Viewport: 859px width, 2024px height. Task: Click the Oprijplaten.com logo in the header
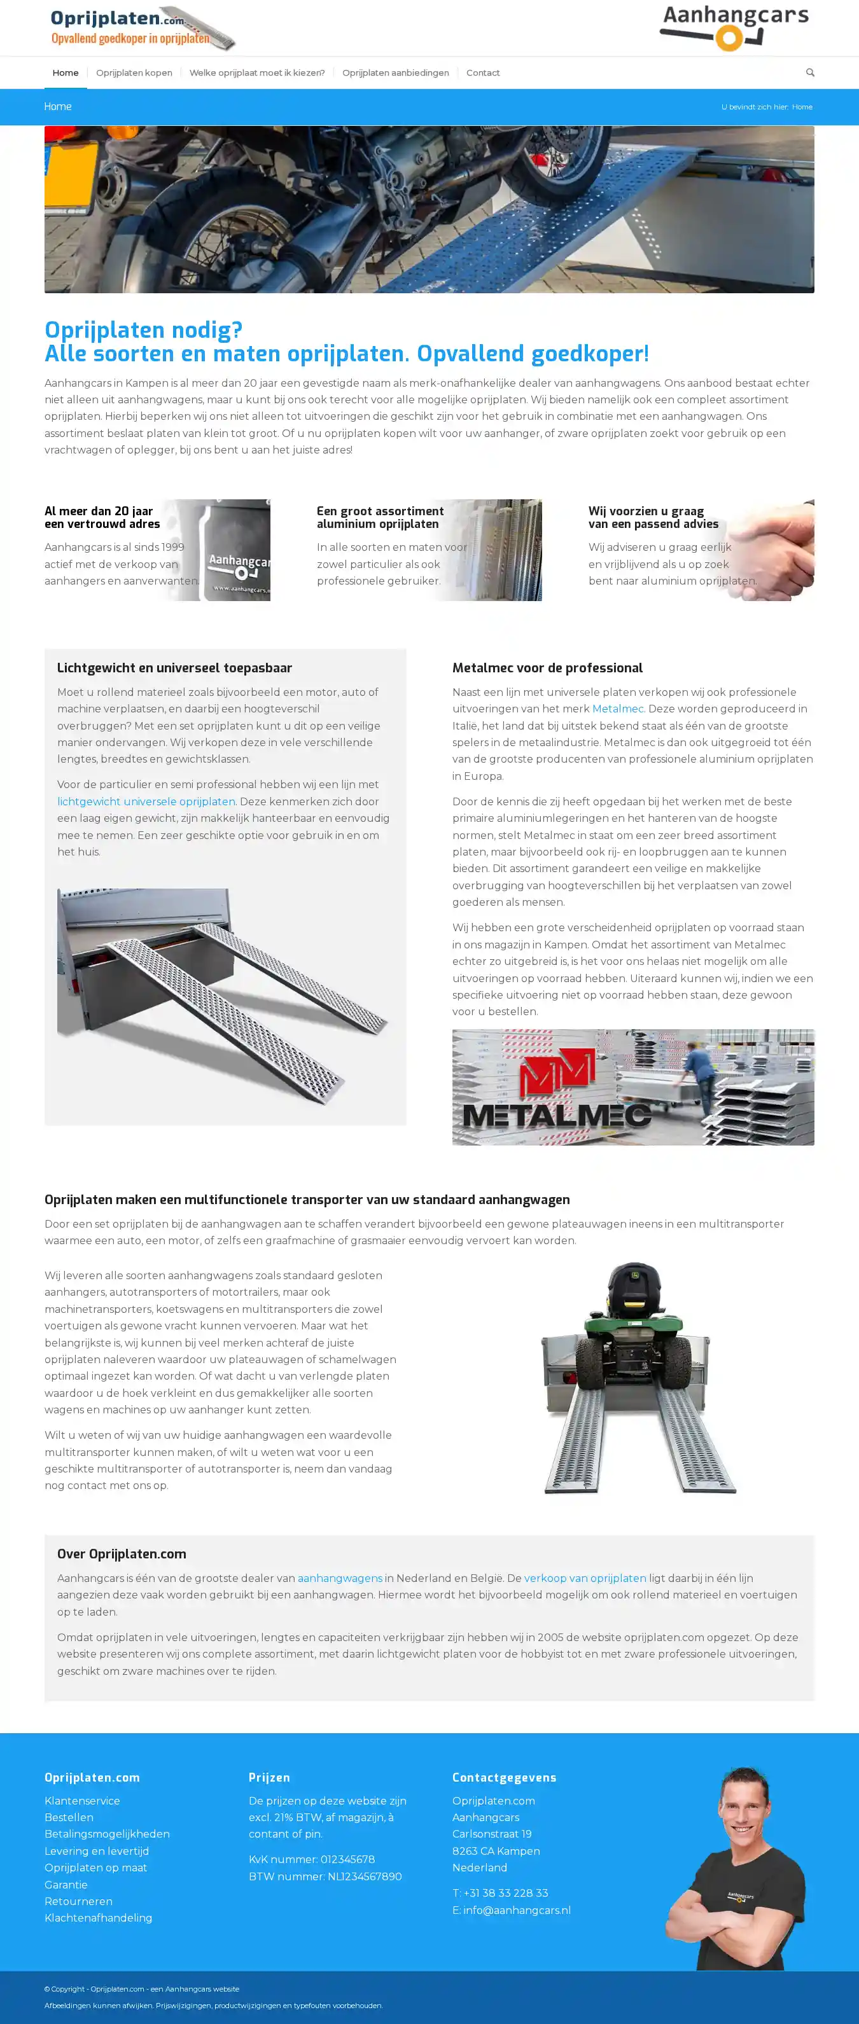(x=141, y=27)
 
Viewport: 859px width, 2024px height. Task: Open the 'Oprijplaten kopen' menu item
(x=134, y=73)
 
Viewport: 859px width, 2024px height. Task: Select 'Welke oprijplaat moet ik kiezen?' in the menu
(x=256, y=73)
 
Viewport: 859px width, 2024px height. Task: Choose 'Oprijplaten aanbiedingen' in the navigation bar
(x=395, y=73)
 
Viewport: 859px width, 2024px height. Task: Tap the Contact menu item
(x=482, y=73)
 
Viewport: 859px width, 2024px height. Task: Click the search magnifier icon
(x=809, y=73)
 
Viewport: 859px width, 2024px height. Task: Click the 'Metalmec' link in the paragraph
(x=618, y=709)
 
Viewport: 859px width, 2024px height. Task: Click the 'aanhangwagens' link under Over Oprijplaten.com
(x=340, y=1579)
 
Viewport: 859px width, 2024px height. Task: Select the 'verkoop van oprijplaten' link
(x=585, y=1579)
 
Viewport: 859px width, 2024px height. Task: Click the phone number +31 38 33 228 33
(x=505, y=1894)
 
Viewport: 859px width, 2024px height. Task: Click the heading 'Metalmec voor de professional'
(x=547, y=668)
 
